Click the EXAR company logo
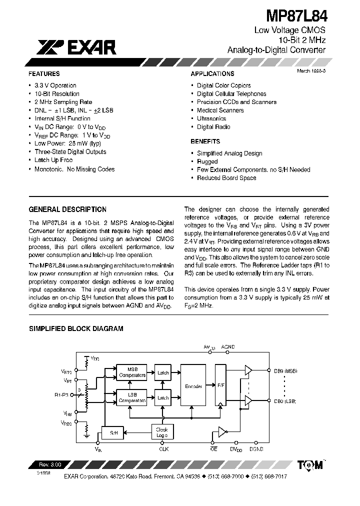(76, 47)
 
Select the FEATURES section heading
(44, 73)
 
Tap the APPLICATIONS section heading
(213, 73)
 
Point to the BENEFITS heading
(205, 141)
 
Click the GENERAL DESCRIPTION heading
(67, 209)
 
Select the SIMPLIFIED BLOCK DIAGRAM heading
(76, 328)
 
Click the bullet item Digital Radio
(213, 127)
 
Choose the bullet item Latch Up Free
(53, 160)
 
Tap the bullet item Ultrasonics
(211, 118)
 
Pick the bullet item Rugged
(207, 161)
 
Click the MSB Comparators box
(132, 372)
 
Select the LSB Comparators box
(132, 397)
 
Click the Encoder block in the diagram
(193, 385)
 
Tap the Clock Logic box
(162, 432)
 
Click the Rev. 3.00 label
(49, 464)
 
